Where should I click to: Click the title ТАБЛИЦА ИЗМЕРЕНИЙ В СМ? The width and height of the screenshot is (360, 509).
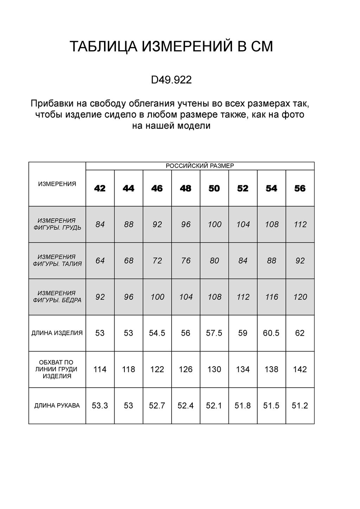point(171,47)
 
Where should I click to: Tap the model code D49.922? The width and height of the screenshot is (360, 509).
point(171,80)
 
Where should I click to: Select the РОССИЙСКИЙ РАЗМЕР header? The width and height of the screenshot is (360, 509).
point(200,166)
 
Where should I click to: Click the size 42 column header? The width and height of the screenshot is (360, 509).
point(100,188)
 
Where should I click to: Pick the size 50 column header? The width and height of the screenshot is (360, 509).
point(214,188)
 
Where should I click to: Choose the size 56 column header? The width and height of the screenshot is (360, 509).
point(300,188)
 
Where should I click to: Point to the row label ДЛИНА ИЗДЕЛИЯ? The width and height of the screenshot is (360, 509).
point(57,333)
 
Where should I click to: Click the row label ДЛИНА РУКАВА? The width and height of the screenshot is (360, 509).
point(57,406)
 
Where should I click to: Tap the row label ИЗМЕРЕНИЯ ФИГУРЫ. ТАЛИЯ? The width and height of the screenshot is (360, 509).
point(57,260)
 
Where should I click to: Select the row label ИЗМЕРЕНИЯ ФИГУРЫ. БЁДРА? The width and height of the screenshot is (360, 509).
point(57,297)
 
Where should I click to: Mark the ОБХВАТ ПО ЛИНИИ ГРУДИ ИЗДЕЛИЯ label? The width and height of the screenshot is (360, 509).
point(57,369)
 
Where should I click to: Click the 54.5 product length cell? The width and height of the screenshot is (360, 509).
point(157,333)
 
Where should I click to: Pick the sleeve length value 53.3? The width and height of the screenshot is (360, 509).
point(100,406)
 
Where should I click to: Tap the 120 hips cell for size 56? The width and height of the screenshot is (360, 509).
point(300,297)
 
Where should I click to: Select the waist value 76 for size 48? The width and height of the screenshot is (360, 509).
point(186,261)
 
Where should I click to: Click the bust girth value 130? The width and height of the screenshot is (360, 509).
point(214,369)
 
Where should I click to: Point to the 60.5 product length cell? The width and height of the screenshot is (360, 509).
point(271,333)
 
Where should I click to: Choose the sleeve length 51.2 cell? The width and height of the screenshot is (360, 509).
point(300,406)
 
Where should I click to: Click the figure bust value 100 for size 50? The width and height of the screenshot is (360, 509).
point(214,224)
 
